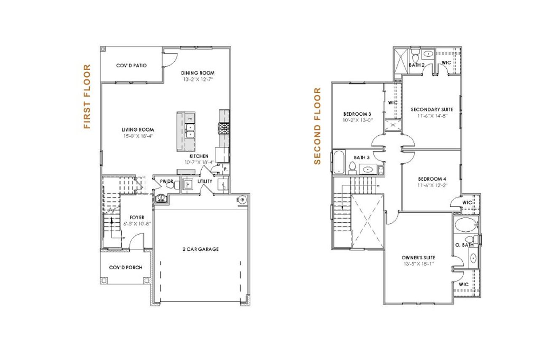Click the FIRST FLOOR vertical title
(x=87, y=97)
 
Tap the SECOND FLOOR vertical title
(x=318, y=126)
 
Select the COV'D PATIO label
(x=131, y=65)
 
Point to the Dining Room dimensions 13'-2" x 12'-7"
(x=198, y=79)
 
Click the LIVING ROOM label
(x=138, y=130)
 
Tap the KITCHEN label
(x=199, y=156)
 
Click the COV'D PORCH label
(x=125, y=268)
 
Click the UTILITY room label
(x=205, y=181)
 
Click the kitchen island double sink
(x=190, y=131)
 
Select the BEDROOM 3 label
(x=357, y=114)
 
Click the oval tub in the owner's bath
(x=465, y=225)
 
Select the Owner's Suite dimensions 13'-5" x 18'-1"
(x=418, y=264)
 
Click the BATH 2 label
(x=416, y=65)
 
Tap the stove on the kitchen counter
(x=224, y=127)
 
